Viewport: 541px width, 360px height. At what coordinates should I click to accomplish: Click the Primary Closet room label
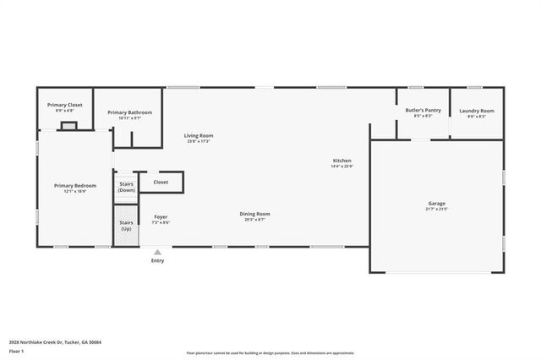pos(64,105)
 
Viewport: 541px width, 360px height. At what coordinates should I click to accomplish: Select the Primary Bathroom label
pos(129,112)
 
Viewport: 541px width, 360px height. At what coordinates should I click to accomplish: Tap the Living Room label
pos(199,135)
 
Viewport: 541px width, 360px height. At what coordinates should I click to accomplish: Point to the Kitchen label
pos(342,161)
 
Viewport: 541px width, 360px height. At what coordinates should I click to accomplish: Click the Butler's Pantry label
pos(423,111)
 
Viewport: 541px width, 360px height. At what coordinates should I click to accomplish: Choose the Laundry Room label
pos(477,111)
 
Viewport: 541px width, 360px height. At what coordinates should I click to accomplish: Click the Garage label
pos(436,204)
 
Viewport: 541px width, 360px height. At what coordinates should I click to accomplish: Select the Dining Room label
pos(254,214)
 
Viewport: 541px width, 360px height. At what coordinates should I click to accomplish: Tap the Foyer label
pos(161,217)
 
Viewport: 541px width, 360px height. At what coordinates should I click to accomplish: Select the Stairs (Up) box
pos(126,226)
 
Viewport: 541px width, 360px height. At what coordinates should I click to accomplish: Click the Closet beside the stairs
pos(161,182)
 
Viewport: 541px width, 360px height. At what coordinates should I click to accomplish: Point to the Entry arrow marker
pos(157,252)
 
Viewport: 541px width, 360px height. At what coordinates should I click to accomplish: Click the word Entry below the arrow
pos(157,260)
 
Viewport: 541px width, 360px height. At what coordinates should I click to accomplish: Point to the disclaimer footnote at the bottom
pos(270,352)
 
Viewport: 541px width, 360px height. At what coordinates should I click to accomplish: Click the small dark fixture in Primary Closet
pos(68,126)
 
